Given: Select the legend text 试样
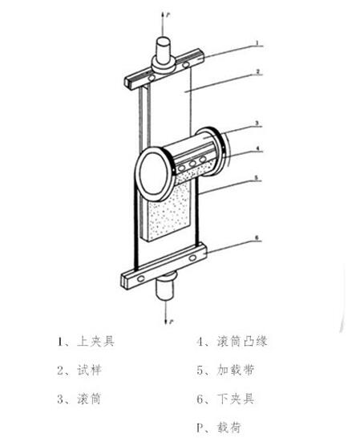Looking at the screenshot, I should pos(90,370).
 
